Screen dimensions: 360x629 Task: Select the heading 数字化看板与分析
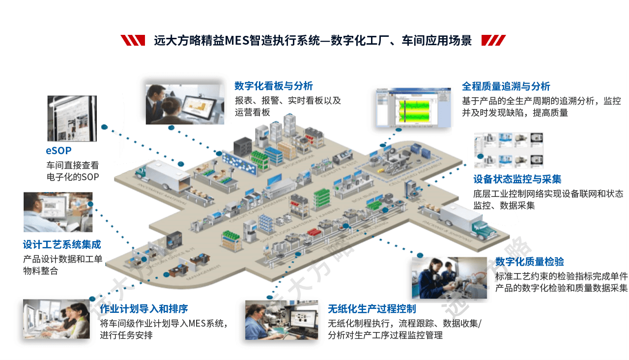pyautogui.click(x=273, y=86)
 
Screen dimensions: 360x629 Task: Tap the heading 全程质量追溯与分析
pyautogui.click(x=506, y=86)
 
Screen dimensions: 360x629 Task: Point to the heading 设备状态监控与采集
pyautogui.click(x=517, y=179)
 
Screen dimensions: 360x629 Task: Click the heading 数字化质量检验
pyautogui.click(x=529, y=261)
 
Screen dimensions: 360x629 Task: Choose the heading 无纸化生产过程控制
pyautogui.click(x=372, y=309)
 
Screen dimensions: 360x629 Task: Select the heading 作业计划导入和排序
pyautogui.click(x=143, y=309)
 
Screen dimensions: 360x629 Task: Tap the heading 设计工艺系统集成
pyautogui.click(x=62, y=245)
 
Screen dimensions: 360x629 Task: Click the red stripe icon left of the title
pyautogui.click(x=133, y=40)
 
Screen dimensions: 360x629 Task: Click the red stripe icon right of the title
pyautogui.click(x=493, y=40)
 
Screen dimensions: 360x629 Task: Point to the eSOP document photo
pyautogui.click(x=72, y=118)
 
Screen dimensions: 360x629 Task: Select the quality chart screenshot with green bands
pyautogui.click(x=414, y=108)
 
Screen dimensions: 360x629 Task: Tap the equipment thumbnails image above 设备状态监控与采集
pyautogui.click(x=509, y=150)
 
